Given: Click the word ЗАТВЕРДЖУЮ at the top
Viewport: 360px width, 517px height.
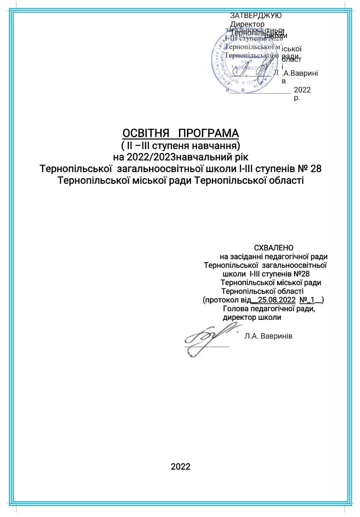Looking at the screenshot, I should (x=256, y=16).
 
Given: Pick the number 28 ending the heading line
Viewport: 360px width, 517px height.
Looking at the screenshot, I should (x=316, y=168).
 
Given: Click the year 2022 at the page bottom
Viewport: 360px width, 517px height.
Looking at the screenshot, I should (x=180, y=467).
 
